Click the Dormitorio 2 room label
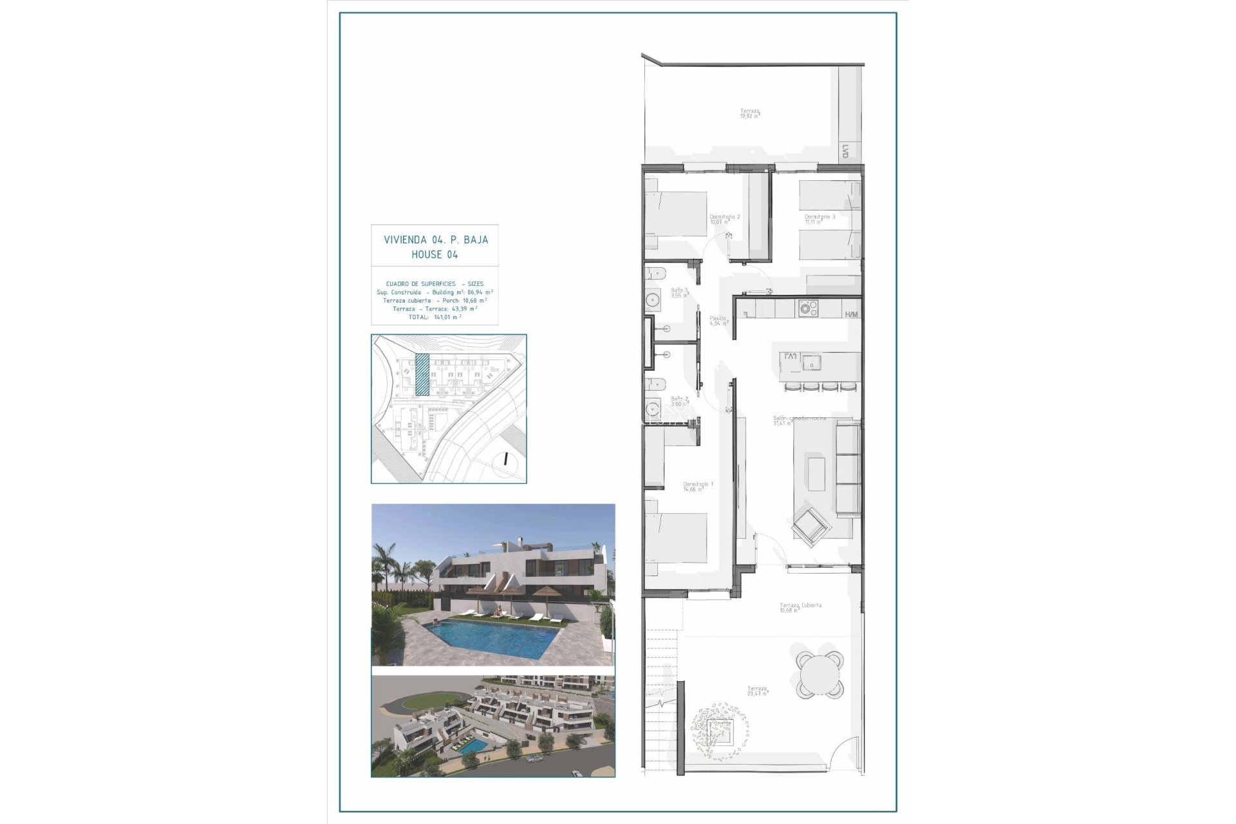724,218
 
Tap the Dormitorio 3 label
819,218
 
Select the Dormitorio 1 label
698,484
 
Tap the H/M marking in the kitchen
852,315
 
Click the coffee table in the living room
817,473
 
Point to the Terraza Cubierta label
800,606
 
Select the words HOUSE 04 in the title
435,255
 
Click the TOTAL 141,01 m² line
435,317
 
